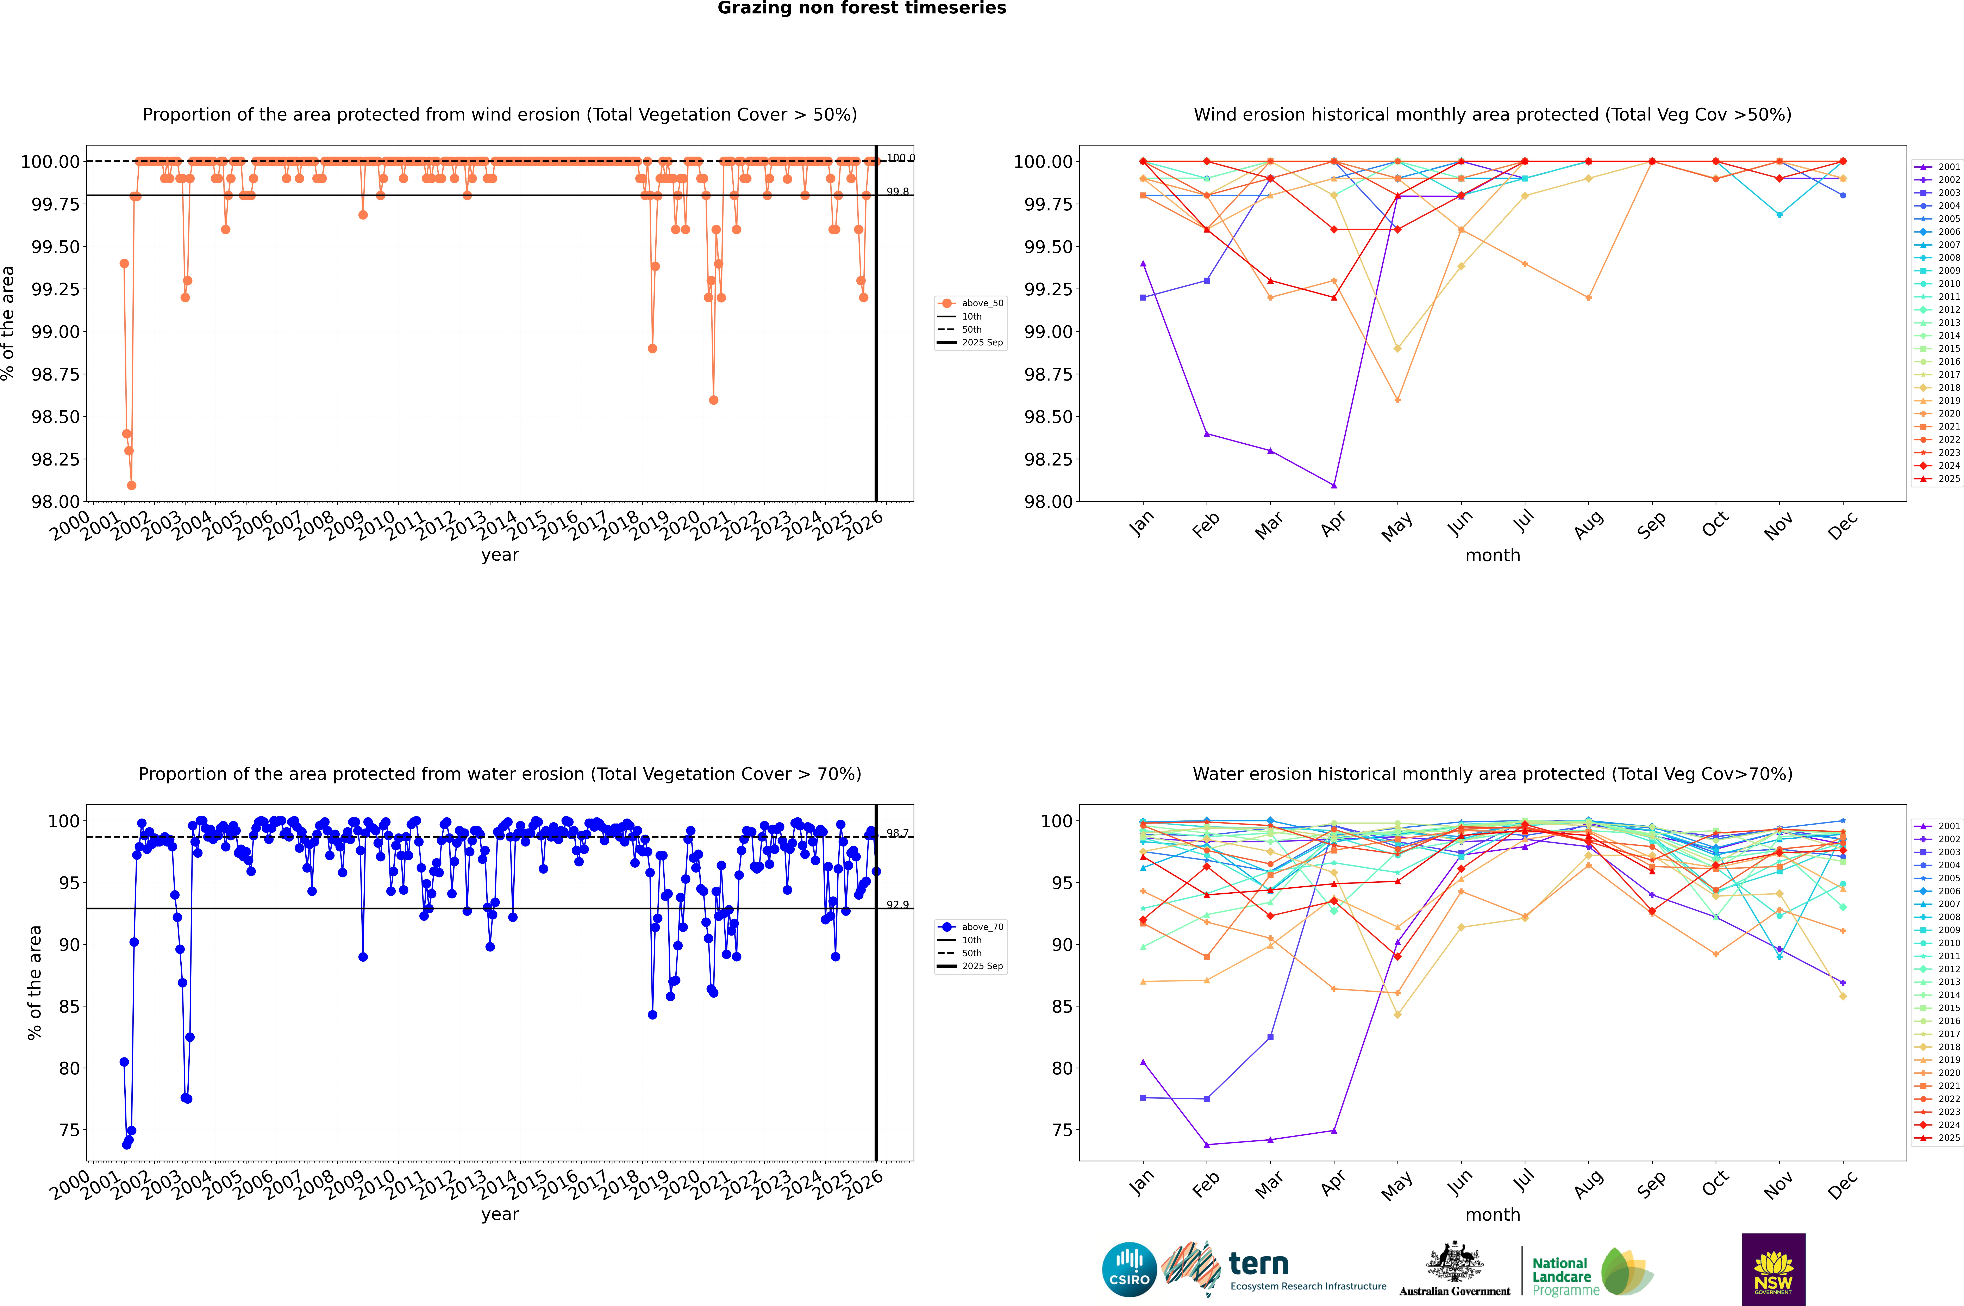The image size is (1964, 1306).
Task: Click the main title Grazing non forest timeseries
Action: [x=862, y=8]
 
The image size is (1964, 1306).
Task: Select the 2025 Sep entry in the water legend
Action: [x=982, y=966]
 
